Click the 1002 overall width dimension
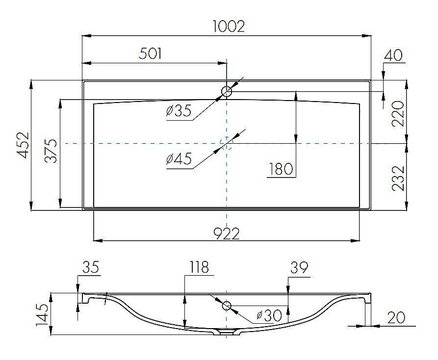(x=229, y=26)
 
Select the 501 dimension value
(x=150, y=53)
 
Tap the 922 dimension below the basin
(x=227, y=234)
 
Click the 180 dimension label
(x=281, y=169)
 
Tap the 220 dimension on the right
(x=398, y=113)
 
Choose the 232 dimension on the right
(x=398, y=178)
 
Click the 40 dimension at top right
(x=393, y=55)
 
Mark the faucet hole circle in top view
(x=227, y=91)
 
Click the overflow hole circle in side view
(x=227, y=306)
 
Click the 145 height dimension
(x=42, y=314)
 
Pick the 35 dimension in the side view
(x=90, y=267)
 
